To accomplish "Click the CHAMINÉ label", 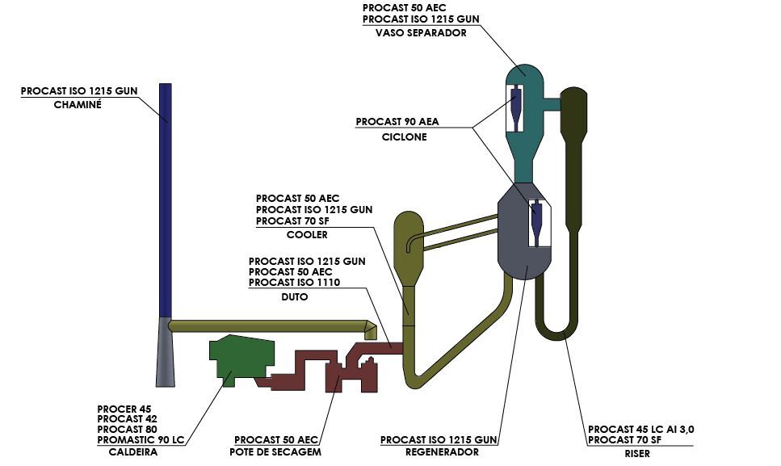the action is [x=78, y=105].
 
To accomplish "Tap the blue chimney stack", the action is [x=166, y=200].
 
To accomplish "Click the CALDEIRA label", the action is [x=133, y=452].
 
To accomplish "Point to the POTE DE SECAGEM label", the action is [x=275, y=452].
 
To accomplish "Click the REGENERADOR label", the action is [x=443, y=452].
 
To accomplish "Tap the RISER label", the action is [x=637, y=454].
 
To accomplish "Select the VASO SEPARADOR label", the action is [x=421, y=33].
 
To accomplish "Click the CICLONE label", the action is [x=405, y=137].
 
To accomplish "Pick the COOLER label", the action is [x=308, y=235].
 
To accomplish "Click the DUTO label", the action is [x=295, y=296].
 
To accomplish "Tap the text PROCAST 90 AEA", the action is [x=397, y=121].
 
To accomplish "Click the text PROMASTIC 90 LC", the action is [x=141, y=440].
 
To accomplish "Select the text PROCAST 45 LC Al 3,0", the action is [x=641, y=429].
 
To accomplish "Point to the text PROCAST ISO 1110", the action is [x=294, y=283].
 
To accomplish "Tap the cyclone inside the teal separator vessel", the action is [x=515, y=109].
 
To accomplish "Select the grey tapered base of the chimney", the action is [x=166, y=352].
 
